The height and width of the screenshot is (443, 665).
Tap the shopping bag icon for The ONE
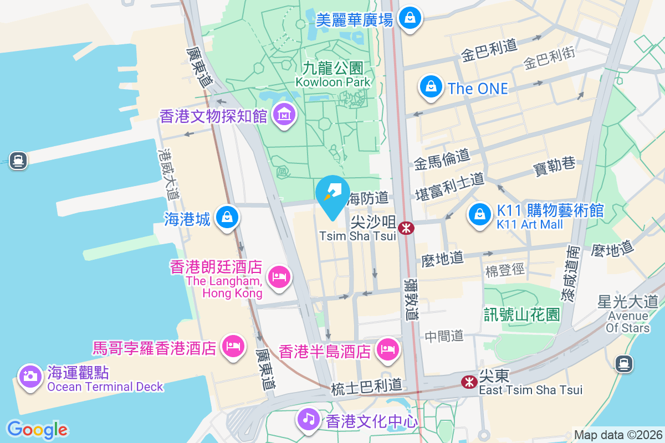click(430, 87)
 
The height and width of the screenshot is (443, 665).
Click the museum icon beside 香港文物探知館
click(284, 115)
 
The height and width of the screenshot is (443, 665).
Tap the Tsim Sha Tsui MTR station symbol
click(406, 228)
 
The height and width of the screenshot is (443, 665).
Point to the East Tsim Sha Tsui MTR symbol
click(469, 382)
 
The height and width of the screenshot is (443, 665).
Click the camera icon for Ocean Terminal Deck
click(30, 377)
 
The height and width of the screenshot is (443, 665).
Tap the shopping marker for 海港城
click(227, 217)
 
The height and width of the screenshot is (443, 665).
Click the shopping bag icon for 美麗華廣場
click(410, 18)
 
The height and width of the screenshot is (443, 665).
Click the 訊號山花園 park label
click(521, 315)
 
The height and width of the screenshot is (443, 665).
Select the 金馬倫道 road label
click(442, 159)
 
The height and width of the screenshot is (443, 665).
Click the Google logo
click(37, 430)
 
